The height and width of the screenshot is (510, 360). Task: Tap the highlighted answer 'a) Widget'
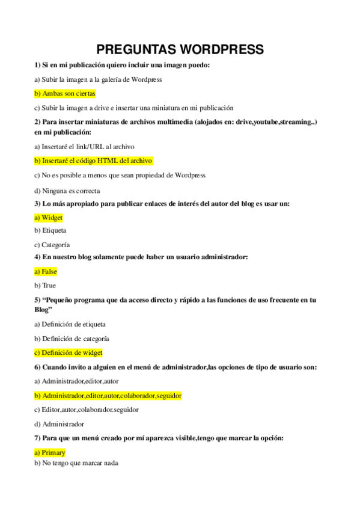click(49, 218)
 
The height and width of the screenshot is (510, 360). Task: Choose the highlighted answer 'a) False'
click(46, 271)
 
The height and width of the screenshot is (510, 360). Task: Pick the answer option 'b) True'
click(45, 285)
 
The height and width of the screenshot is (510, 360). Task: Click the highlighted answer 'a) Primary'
click(50, 452)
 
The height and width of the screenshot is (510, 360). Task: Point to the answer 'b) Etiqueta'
click(50, 230)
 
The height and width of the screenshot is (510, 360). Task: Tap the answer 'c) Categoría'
click(52, 245)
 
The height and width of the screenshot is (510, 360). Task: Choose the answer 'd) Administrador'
click(59, 423)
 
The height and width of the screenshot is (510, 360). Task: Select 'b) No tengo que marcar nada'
click(76, 463)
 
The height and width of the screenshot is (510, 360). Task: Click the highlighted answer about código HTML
click(93, 161)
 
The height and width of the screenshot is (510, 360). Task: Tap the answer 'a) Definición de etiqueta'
click(70, 324)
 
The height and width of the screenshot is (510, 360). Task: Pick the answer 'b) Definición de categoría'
click(72, 339)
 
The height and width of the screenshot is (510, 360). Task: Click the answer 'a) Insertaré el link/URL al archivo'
click(84, 146)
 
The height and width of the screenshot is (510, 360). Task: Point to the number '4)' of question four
click(37, 257)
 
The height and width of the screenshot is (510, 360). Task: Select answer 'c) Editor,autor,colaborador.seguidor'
click(87, 410)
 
